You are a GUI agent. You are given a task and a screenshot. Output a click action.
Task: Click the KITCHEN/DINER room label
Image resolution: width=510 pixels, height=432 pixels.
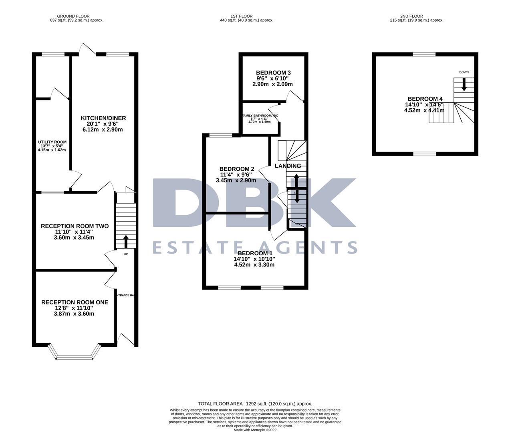pos(103,118)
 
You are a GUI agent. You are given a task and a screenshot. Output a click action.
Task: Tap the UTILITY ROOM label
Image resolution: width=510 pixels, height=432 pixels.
pos(52,142)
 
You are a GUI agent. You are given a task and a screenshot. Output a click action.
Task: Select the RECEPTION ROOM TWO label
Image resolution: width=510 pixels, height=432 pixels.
pos(75,226)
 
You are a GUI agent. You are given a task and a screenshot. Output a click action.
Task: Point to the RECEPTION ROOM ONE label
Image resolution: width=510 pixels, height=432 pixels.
pos(75,302)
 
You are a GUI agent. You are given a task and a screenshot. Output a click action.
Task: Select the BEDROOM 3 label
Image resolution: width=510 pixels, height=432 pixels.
pos(273,72)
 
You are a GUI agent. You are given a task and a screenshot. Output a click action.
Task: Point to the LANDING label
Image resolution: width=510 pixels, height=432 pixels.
pos(288,166)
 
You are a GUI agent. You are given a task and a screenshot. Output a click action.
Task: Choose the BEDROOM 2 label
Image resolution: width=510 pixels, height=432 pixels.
pos(237,169)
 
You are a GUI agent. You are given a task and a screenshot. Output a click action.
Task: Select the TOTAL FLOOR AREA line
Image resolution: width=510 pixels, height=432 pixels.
pos(255,404)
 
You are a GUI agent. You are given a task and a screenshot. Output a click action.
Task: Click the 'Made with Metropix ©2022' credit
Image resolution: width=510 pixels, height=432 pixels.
pos(255,430)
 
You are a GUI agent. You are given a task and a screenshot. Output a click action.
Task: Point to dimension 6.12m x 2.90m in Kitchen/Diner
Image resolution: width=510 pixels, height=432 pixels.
pos(103,130)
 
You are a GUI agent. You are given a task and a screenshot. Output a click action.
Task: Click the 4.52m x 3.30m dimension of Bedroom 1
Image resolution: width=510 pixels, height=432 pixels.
pos(254,264)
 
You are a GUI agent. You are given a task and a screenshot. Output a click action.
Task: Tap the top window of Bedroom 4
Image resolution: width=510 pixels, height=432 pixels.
pos(424,54)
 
